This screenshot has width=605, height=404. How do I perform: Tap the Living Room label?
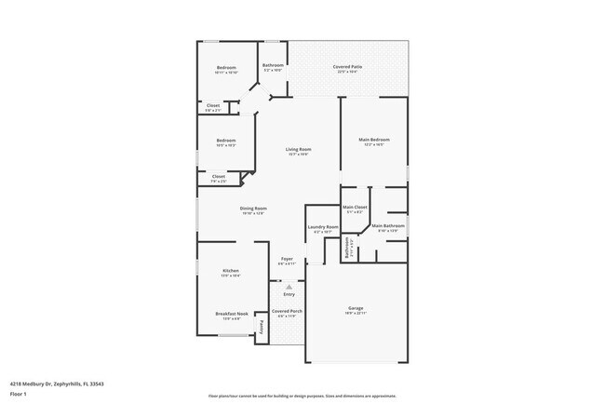pos(298,149)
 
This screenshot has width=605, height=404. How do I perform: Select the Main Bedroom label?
pos(374,140)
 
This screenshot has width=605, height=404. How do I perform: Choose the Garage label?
pos(355,308)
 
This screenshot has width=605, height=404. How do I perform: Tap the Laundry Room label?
pos(322,226)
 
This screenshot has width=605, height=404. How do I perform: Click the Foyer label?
pos(288,260)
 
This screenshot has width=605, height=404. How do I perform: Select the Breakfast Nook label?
pos(232,314)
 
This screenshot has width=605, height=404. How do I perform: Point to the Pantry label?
pos(262,326)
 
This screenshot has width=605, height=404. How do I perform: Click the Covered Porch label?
pos(287,311)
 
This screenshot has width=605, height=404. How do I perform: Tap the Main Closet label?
pos(355,207)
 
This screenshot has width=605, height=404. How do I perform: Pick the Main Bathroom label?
pos(387,225)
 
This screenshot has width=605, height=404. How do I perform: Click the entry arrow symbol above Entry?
pos(289,287)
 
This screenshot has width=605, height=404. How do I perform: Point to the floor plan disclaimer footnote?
pos(302,395)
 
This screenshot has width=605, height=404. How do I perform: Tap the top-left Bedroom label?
pos(226,67)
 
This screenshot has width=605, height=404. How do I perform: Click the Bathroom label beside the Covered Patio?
pos(273,65)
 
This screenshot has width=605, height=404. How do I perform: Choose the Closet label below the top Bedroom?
pos(213,105)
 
